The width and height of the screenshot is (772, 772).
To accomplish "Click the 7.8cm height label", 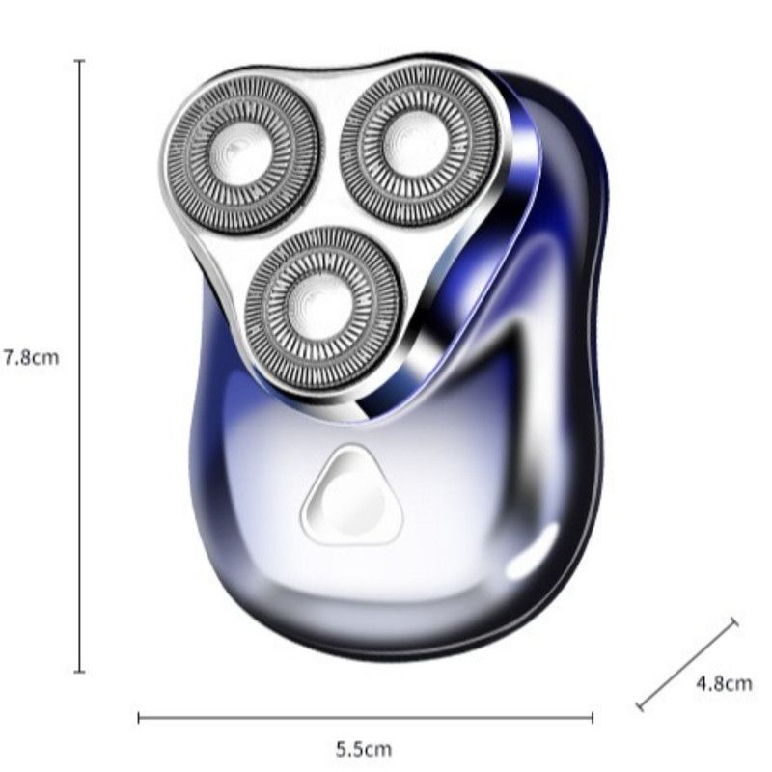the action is pos(32,357).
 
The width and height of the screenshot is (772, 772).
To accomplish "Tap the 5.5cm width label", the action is pos(364,750).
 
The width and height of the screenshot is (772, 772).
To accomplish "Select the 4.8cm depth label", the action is pos(725,683).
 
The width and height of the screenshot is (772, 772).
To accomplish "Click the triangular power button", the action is pos(351,496).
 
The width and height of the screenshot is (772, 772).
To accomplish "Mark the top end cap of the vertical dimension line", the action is pos(79,61).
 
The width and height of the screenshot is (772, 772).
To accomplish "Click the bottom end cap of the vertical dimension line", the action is pos(79,671).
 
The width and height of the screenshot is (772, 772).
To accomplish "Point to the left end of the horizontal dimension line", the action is pos(139,718).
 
